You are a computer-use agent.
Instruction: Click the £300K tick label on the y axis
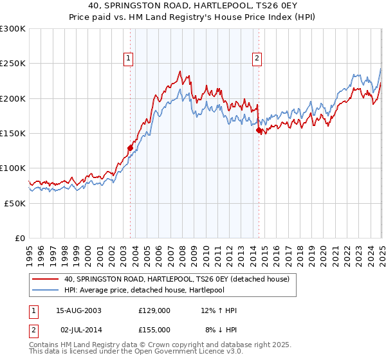(x=13, y=29)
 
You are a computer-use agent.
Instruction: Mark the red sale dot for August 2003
(x=130, y=148)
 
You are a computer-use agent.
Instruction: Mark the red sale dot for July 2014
(x=259, y=130)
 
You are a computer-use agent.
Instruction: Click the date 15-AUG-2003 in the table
(x=78, y=311)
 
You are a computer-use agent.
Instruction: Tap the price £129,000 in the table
(x=154, y=311)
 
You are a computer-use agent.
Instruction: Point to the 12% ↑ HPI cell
(x=219, y=311)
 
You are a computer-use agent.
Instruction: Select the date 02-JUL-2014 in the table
(x=79, y=330)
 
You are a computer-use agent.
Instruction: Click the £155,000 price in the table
(x=154, y=330)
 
